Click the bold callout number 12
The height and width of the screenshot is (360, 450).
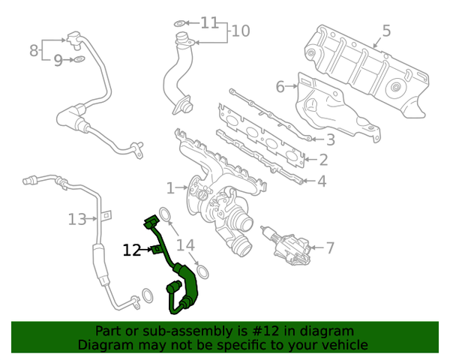(131, 250)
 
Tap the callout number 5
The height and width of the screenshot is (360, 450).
(386, 31)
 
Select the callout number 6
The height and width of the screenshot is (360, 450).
(280, 87)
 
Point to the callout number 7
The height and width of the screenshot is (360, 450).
(330, 247)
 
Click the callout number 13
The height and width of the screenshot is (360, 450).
(76, 219)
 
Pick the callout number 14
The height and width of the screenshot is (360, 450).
(185, 245)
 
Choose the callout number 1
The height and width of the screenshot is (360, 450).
(170, 187)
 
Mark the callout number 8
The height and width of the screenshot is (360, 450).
(34, 50)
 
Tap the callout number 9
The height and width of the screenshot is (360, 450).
(58, 60)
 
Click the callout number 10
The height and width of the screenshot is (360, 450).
(240, 31)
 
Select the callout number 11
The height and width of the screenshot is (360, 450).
(208, 22)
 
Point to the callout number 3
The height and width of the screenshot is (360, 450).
(330, 139)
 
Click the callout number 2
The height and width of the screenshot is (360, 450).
(322, 159)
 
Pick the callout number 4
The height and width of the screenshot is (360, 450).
(321, 181)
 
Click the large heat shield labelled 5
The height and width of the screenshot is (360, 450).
(367, 75)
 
